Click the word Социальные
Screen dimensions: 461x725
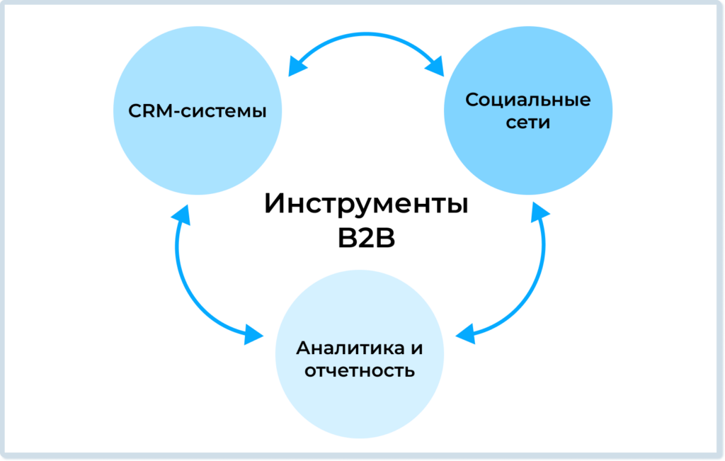coord(527,100)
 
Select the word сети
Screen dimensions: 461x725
coord(527,123)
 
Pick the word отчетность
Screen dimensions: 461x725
coord(359,371)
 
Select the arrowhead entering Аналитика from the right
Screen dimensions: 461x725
coord(465,334)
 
